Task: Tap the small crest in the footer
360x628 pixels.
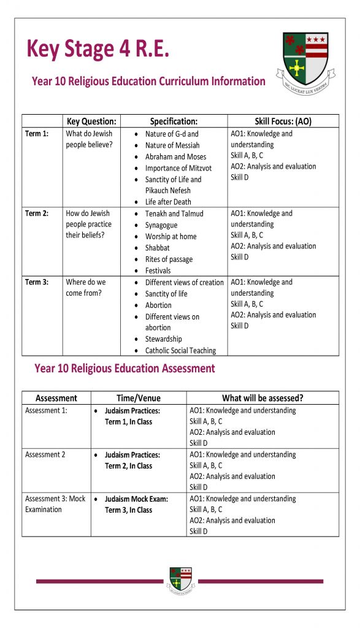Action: coord(180,580)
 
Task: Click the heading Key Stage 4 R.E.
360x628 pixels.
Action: coord(98,48)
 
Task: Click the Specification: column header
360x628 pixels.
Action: coord(174,121)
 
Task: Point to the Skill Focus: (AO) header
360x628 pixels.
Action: coord(283,121)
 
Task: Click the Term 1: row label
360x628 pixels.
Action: coord(37,134)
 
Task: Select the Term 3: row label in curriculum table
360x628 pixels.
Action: coord(37,282)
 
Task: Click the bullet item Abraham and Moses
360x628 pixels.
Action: coord(175,156)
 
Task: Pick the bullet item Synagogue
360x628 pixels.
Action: coord(162,225)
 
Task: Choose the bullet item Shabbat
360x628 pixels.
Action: coord(158,248)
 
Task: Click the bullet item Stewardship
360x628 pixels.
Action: coord(164,339)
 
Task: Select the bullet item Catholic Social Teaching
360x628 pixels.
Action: coord(180,351)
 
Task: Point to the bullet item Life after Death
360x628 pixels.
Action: coord(168,202)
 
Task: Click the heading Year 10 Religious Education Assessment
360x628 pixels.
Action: coord(124,369)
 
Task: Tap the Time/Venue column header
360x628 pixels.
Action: coord(139,398)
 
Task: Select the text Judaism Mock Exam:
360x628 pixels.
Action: coord(136,499)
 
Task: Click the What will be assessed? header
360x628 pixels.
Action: coord(262,398)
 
